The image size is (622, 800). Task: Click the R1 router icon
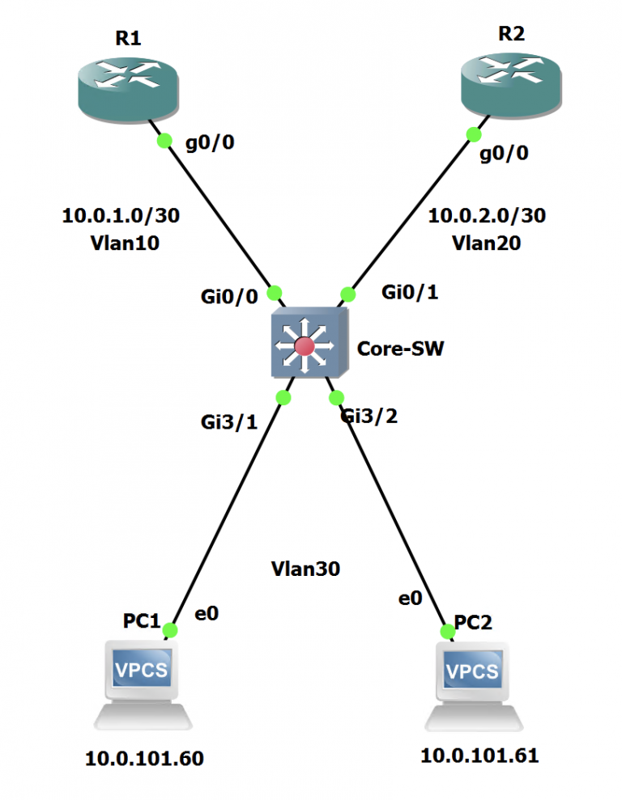tap(126, 90)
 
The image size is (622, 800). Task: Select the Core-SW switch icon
tap(309, 345)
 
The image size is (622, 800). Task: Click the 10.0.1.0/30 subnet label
tap(121, 216)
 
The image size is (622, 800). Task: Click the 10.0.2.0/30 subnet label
tap(487, 216)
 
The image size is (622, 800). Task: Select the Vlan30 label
tap(305, 569)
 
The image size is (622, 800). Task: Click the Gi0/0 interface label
tap(229, 297)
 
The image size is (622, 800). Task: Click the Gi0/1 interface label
tap(409, 294)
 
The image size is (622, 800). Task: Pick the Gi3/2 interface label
tap(369, 417)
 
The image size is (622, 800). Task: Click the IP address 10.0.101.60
tap(144, 759)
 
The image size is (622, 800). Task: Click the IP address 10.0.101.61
tap(479, 756)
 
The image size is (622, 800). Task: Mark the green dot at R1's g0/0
tap(164, 140)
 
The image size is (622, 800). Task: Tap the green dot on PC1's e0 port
tap(169, 629)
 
